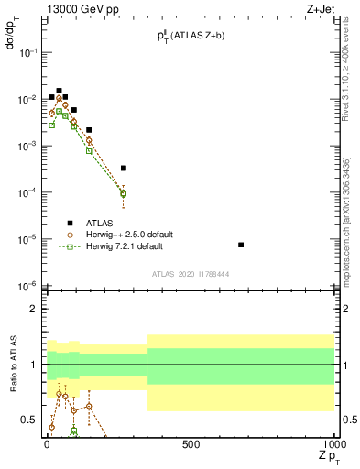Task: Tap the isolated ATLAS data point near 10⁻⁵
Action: point(241,245)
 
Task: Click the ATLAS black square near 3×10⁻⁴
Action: point(124,168)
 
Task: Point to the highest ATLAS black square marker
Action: point(59,91)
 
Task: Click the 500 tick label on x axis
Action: point(191,445)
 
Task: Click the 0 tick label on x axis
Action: point(47,445)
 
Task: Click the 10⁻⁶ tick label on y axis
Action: point(25,285)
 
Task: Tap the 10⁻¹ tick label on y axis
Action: point(25,52)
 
